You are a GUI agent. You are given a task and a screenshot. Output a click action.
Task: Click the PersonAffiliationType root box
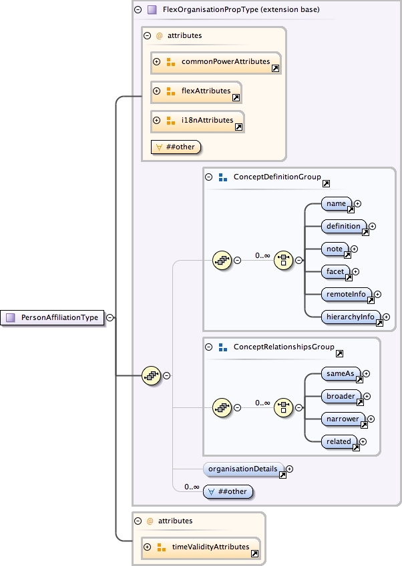click(53, 318)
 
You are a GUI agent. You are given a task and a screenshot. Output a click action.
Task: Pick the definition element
click(343, 227)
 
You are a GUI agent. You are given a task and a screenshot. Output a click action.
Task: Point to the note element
click(335, 249)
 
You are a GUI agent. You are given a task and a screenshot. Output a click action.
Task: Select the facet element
click(335, 271)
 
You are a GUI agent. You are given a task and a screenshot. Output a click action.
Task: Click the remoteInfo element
click(346, 294)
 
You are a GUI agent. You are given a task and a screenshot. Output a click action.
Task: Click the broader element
click(341, 396)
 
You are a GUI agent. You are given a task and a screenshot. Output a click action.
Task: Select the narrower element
click(343, 419)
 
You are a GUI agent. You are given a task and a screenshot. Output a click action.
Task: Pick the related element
click(339, 441)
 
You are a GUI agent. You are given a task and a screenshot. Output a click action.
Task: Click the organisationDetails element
click(243, 469)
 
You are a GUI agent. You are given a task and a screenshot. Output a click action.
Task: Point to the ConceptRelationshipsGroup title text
click(283, 347)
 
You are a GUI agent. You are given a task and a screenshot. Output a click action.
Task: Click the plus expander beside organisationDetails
click(289, 469)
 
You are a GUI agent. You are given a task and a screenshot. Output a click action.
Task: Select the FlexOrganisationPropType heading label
click(241, 10)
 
